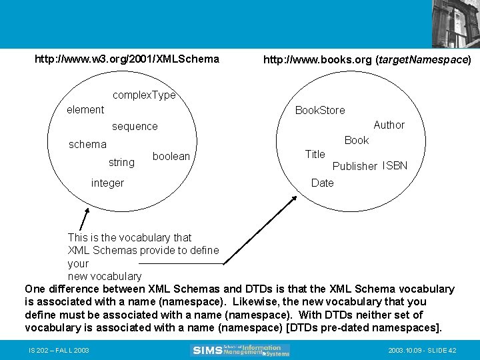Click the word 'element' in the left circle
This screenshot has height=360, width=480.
pyautogui.click(x=85, y=109)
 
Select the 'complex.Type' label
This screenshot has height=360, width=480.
pyautogui.click(x=144, y=95)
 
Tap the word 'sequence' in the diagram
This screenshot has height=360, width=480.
pyautogui.click(x=135, y=126)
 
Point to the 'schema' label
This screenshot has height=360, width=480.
pyautogui.click(x=87, y=144)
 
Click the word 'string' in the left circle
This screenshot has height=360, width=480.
pyautogui.click(x=121, y=162)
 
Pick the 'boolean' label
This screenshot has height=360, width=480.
pyautogui.click(x=171, y=156)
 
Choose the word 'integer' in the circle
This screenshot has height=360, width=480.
pyautogui.click(x=107, y=183)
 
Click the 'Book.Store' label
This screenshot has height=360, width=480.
pyautogui.click(x=320, y=110)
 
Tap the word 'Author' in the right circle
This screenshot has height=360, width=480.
pyautogui.click(x=389, y=125)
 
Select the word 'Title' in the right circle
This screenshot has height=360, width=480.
pyautogui.click(x=315, y=154)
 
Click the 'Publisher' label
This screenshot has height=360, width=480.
pyautogui.click(x=355, y=166)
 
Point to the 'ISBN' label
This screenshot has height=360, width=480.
pyautogui.click(x=395, y=165)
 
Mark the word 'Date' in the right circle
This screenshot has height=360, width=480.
pyautogui.click(x=322, y=183)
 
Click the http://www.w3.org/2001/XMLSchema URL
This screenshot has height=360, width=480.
pyautogui.click(x=127, y=59)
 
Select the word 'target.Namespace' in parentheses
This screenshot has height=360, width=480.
pyautogui.click(x=423, y=59)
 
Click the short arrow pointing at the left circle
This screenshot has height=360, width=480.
pyautogui.click(x=84, y=219)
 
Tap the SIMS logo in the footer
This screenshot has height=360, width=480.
pyautogui.click(x=240, y=350)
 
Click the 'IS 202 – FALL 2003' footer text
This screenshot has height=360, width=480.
pyautogui.click(x=59, y=351)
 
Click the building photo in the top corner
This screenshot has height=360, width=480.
pyautogui.click(x=455, y=23)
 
